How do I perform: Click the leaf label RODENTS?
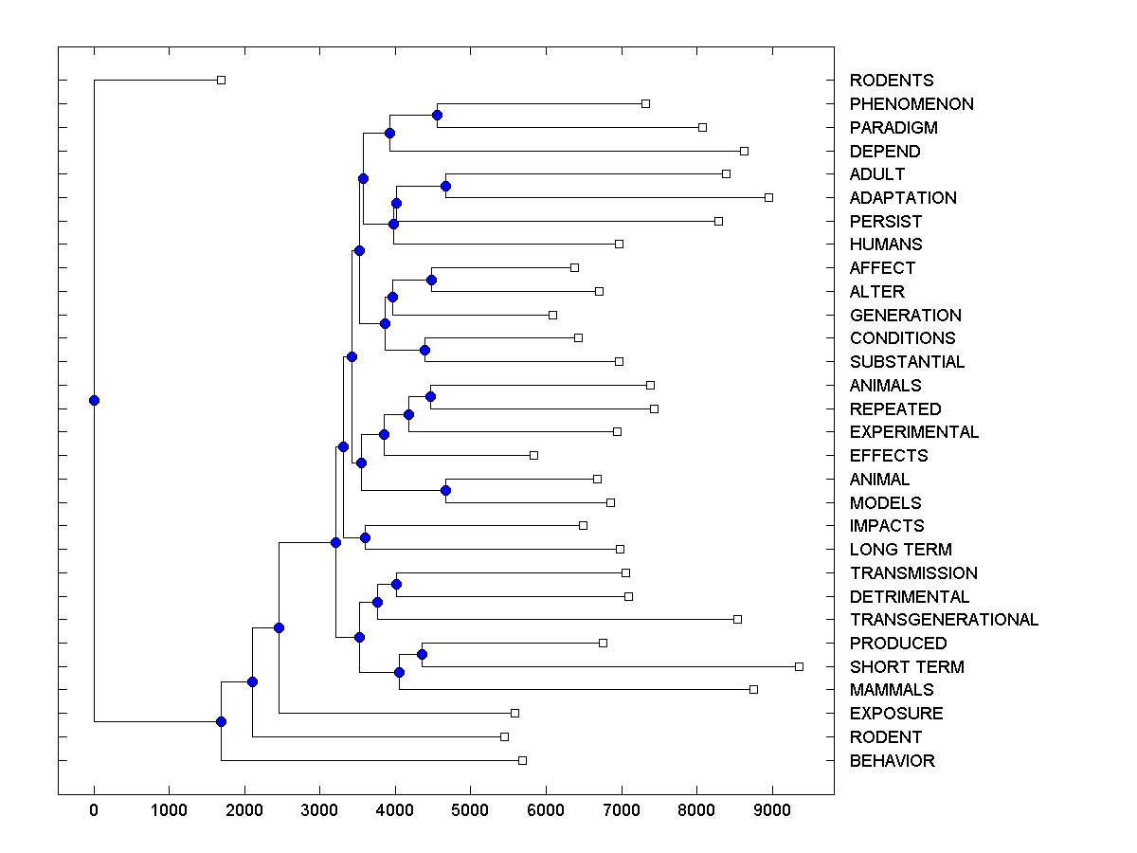pyautogui.click(x=891, y=81)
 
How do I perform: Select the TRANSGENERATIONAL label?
pyautogui.click(x=944, y=620)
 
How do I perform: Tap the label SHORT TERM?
pyautogui.click(x=906, y=667)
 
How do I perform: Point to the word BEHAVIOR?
pyautogui.click(x=892, y=761)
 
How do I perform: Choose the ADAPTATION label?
pyautogui.click(x=903, y=198)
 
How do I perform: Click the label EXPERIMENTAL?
pyautogui.click(x=913, y=432)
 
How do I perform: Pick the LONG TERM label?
pyautogui.click(x=900, y=550)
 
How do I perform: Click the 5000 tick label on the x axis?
pyautogui.click(x=471, y=809)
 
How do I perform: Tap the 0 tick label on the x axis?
pyautogui.click(x=94, y=809)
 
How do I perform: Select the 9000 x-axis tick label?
pyautogui.click(x=772, y=809)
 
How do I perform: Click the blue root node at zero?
pyautogui.click(x=94, y=400)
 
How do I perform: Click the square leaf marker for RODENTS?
pyautogui.click(x=221, y=81)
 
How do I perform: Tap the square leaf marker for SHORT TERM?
pyautogui.click(x=799, y=667)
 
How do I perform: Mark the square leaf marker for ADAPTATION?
pyautogui.click(x=768, y=197)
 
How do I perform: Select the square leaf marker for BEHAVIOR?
pyautogui.click(x=522, y=760)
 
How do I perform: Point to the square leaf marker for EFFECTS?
pyautogui.click(x=533, y=456)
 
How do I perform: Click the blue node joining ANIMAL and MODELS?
pyautogui.click(x=445, y=490)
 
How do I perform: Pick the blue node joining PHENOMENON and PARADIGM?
pyautogui.click(x=437, y=116)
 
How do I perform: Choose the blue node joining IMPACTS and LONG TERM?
pyautogui.click(x=365, y=537)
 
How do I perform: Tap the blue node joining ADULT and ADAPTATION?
pyautogui.click(x=445, y=186)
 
